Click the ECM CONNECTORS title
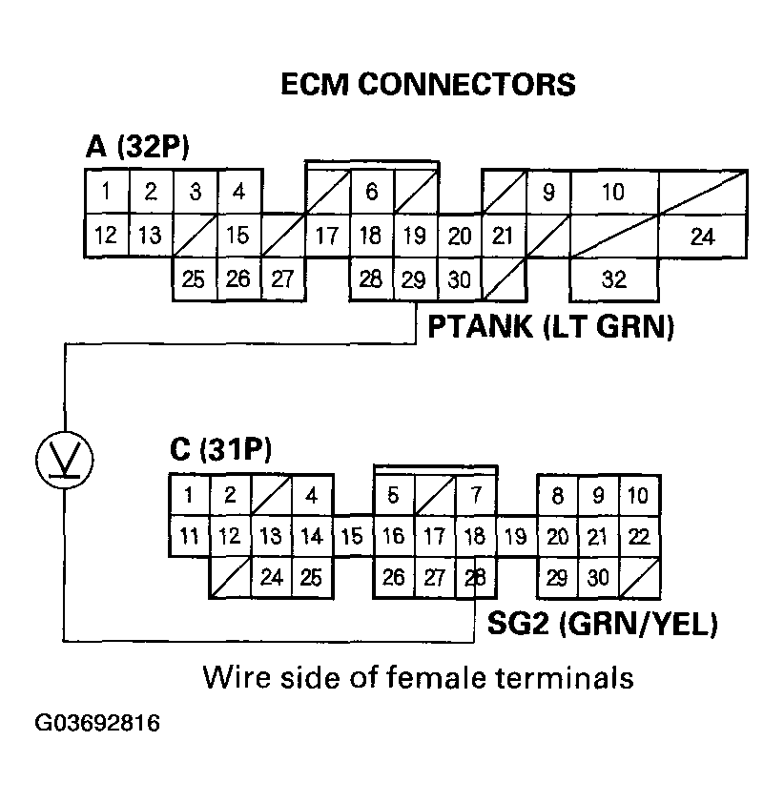point(428,85)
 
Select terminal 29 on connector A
point(415,279)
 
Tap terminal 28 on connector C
point(474,577)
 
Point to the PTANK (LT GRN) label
point(550,328)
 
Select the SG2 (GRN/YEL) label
point(603,625)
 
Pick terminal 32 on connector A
point(614,280)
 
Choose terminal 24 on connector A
point(702,237)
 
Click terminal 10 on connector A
point(614,193)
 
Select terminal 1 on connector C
point(190,495)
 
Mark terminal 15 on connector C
point(352,536)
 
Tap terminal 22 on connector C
point(640,536)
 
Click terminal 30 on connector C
point(598,577)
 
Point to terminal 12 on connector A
point(107,235)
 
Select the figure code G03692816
point(97,723)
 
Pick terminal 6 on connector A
point(372,193)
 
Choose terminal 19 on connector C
point(515,536)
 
